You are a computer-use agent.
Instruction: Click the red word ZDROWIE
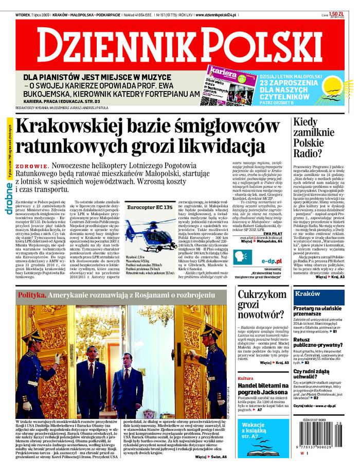tap(32, 166)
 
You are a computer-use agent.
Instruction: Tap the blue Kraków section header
tap(309, 293)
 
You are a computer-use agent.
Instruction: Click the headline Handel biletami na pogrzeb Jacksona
tap(262, 390)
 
